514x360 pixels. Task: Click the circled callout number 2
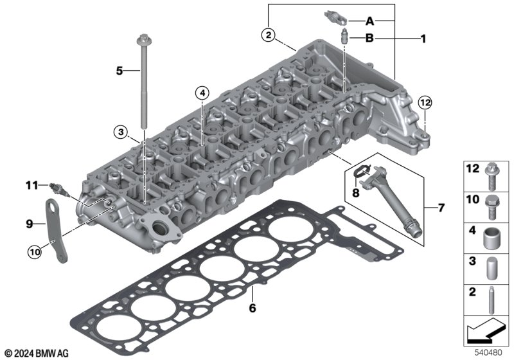click(269, 35)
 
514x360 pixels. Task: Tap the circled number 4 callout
click(202, 93)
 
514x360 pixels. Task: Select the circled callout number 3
click(121, 132)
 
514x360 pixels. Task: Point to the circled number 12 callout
click(425, 103)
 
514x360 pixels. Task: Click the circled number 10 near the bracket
click(35, 252)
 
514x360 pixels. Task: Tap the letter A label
click(369, 21)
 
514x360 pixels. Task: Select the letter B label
click(369, 39)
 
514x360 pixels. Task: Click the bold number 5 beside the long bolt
click(120, 71)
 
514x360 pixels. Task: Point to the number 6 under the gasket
click(252, 308)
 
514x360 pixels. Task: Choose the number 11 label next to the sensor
click(32, 186)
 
